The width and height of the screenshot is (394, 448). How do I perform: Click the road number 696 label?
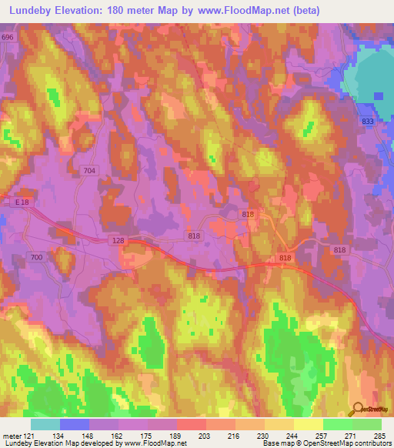pos(8,37)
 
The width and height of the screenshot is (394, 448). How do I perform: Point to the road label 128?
pos(115,241)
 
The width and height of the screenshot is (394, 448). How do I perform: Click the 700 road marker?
pos(36,256)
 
